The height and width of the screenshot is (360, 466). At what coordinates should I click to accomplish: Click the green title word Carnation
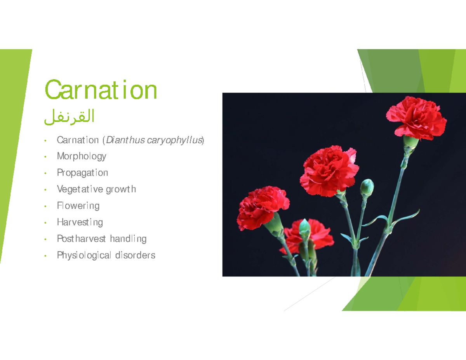pos(101,90)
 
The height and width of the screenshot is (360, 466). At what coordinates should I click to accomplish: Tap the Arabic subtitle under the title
pos(70,117)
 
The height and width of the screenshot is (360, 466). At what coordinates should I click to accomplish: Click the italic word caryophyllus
pos(174,140)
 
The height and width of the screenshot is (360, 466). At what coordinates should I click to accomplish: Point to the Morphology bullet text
pos(82,157)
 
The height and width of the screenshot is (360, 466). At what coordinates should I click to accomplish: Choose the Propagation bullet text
pos(82,173)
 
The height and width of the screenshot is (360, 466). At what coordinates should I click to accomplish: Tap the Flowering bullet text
pos(78,206)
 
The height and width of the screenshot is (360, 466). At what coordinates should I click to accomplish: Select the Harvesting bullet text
pos(80,223)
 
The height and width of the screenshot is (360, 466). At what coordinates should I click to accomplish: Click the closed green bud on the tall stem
pos(367,188)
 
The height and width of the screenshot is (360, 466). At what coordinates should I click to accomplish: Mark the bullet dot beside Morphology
pos(46,157)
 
